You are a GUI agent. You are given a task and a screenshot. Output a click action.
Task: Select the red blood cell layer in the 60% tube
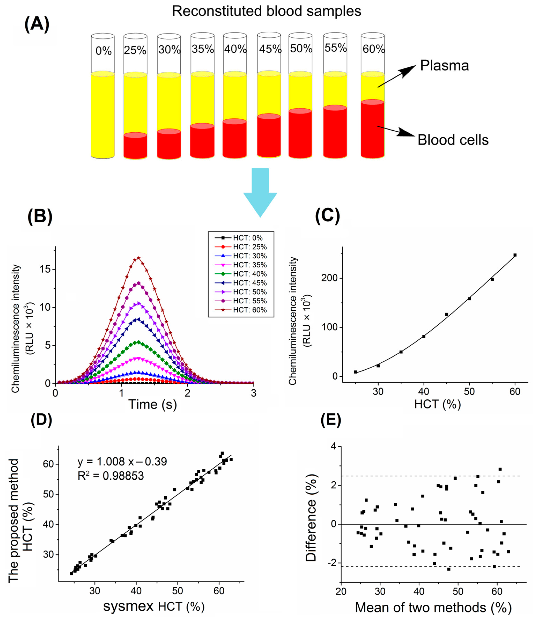(372, 129)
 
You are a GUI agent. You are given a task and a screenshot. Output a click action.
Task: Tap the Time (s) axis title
(152, 404)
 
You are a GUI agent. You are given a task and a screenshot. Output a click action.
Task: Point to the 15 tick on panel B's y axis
(45, 269)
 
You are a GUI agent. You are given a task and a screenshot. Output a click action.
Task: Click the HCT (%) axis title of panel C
(437, 404)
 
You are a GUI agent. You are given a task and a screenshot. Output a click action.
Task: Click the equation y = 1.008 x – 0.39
(122, 462)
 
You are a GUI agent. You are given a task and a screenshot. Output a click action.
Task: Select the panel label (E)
(331, 421)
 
